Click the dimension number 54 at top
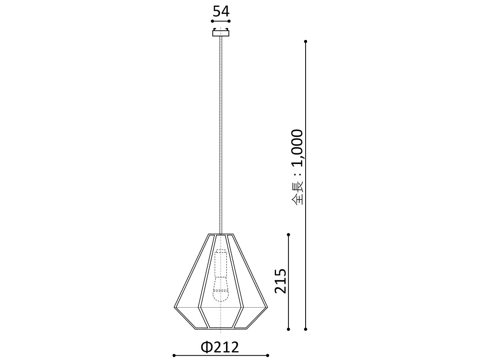[x=221, y=11]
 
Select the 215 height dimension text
[x=281, y=281]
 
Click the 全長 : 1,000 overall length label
[x=297, y=167]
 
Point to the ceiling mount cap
[x=221, y=33]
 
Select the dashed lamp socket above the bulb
[x=220, y=263]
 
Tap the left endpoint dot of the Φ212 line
[x=174, y=355]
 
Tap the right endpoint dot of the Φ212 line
[x=268, y=355]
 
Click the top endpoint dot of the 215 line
[x=288, y=235]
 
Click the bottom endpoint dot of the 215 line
[x=288, y=329]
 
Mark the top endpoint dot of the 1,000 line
[x=306, y=41]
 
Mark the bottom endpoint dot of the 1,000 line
[x=306, y=329]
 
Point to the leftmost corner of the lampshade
[x=174, y=307]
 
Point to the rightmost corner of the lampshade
[x=267, y=307]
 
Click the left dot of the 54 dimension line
[x=212, y=21]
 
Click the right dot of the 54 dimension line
[x=230, y=21]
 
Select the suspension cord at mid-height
[x=220, y=136]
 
